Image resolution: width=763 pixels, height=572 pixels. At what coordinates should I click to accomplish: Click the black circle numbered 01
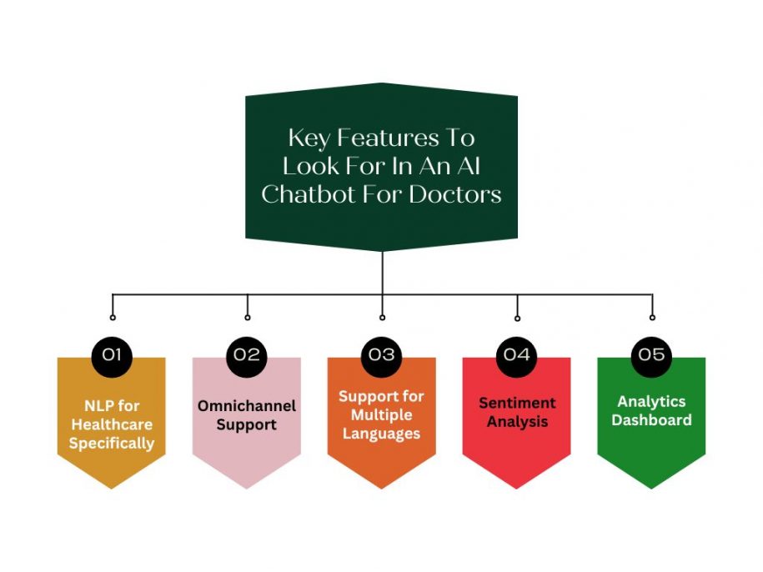(112, 354)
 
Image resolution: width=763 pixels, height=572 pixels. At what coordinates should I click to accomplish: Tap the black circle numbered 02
(247, 354)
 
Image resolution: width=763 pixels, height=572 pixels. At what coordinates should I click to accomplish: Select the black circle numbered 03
(382, 354)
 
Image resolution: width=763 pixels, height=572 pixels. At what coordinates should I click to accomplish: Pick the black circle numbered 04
(517, 354)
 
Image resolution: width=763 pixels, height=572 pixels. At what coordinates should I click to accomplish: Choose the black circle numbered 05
(652, 354)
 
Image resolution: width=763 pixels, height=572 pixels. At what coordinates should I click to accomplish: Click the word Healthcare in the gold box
(112, 424)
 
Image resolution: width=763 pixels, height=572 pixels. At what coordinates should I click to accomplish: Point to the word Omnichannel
(247, 406)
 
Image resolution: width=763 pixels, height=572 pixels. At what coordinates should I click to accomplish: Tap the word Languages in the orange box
(381, 434)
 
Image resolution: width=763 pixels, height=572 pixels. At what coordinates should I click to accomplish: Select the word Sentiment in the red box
(517, 403)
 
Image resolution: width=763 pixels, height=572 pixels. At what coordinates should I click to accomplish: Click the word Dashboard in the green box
(651, 420)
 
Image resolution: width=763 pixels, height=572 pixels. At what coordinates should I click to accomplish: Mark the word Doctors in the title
(461, 194)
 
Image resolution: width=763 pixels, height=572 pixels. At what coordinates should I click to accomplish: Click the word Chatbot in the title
(313, 194)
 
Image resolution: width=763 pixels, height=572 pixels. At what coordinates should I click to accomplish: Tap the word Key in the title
(309, 138)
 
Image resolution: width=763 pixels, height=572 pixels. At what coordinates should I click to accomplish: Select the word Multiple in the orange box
(381, 415)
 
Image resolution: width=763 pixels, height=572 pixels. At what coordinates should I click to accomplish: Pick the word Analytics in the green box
(651, 401)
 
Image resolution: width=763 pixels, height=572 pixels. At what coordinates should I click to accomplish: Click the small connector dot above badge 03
(382, 317)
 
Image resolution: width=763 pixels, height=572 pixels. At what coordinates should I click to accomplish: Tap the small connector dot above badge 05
(652, 317)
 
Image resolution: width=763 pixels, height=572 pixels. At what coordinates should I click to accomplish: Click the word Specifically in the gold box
(112, 443)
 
